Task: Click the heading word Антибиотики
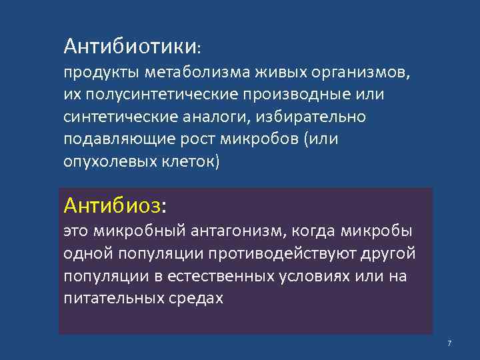pyautogui.click(x=130, y=46)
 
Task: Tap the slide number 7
pyautogui.click(x=449, y=343)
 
